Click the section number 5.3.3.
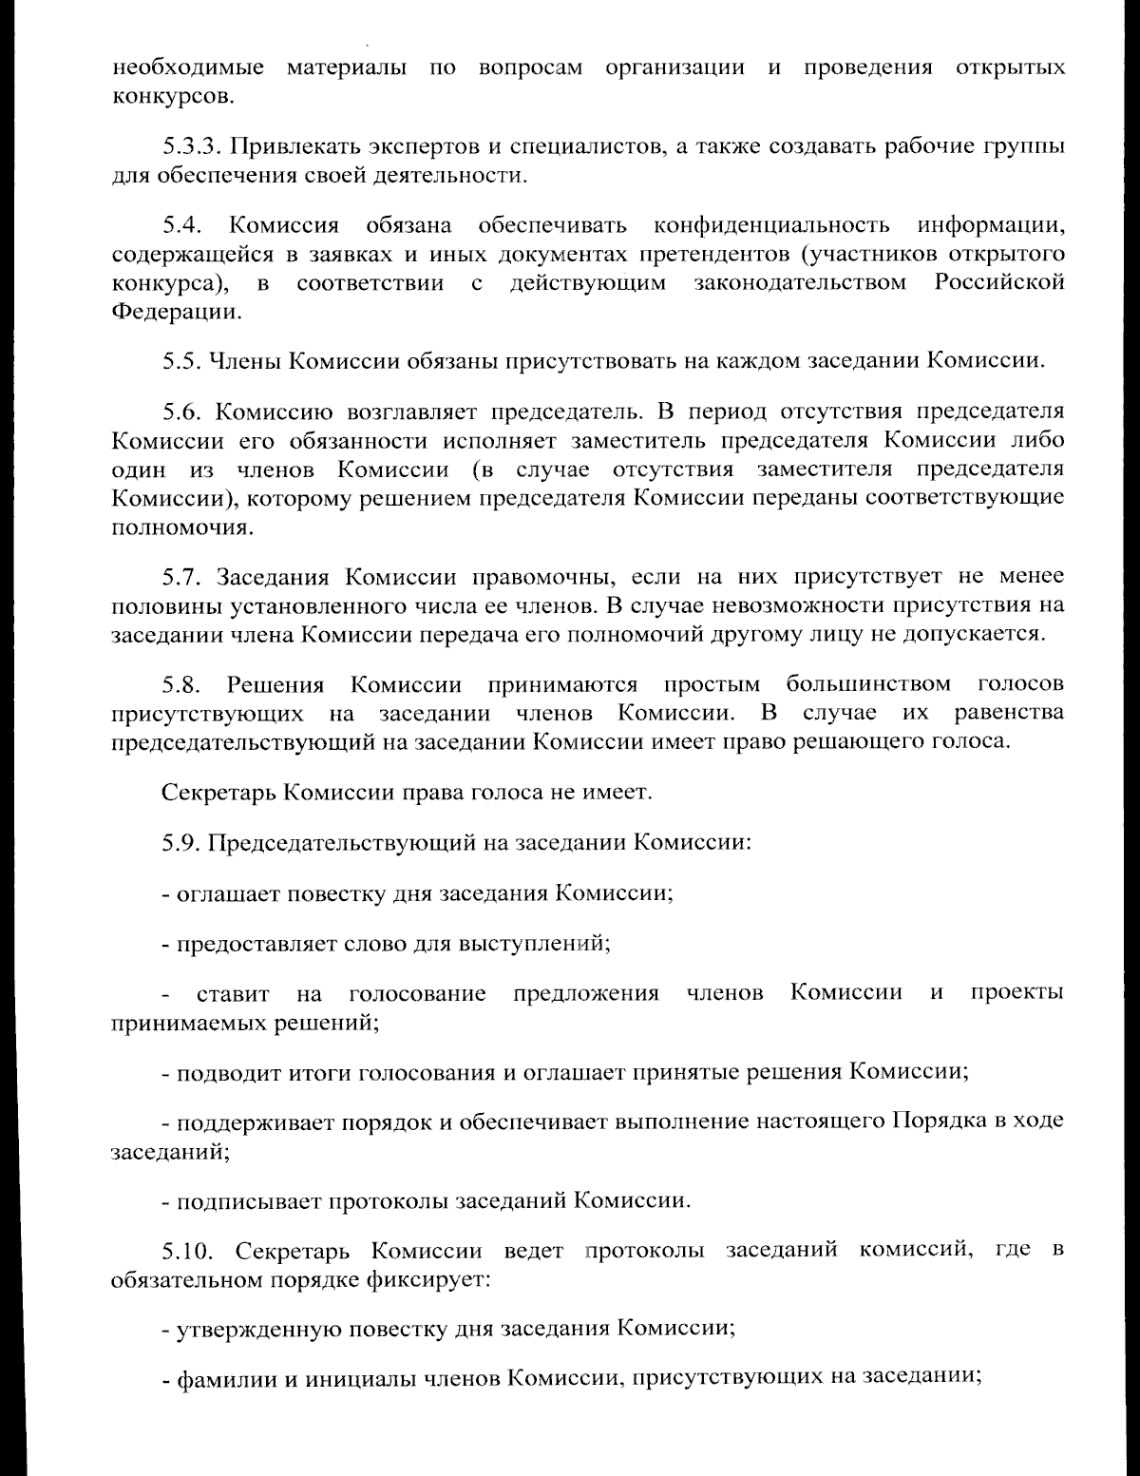point(192,147)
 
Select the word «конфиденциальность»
point(772,226)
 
